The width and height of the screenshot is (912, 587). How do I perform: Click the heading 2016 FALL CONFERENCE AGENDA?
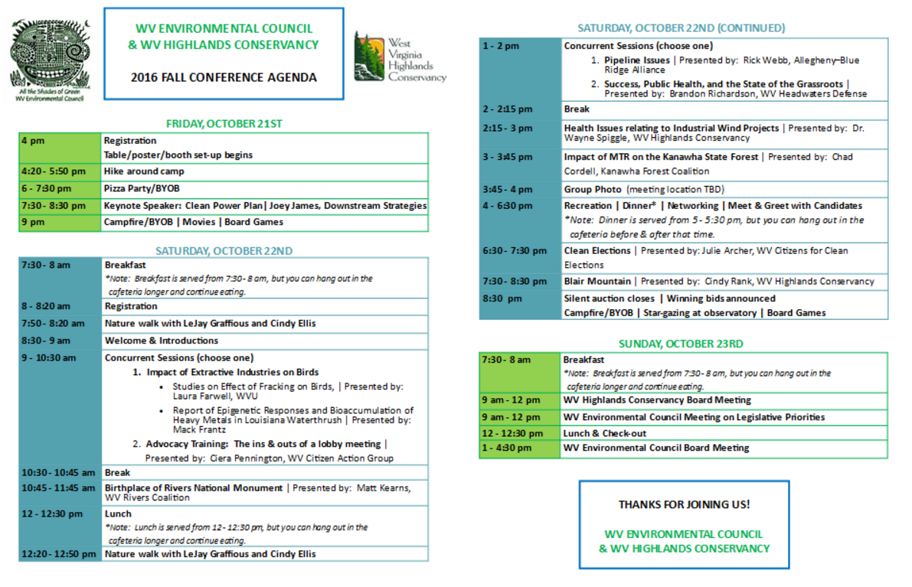pyautogui.click(x=224, y=77)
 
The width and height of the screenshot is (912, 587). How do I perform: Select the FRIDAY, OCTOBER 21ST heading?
pyautogui.click(x=224, y=123)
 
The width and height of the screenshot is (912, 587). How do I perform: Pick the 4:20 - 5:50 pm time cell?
pyautogui.click(x=54, y=171)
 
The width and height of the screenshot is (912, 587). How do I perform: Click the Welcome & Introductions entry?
pyautogui.click(x=162, y=341)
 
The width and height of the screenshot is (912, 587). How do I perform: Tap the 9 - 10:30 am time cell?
pyautogui.click(x=49, y=357)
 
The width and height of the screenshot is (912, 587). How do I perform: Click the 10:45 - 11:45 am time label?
pyautogui.click(x=59, y=488)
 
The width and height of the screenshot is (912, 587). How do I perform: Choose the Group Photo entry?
pyautogui.click(x=593, y=189)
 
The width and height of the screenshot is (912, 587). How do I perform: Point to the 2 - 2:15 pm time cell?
pyautogui.click(x=508, y=109)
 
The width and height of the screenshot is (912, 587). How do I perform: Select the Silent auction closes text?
pyautogui.click(x=610, y=298)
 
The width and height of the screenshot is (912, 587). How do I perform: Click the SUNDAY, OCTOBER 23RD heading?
pyautogui.click(x=681, y=344)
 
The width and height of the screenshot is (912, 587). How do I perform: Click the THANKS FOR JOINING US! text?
pyautogui.click(x=684, y=504)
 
